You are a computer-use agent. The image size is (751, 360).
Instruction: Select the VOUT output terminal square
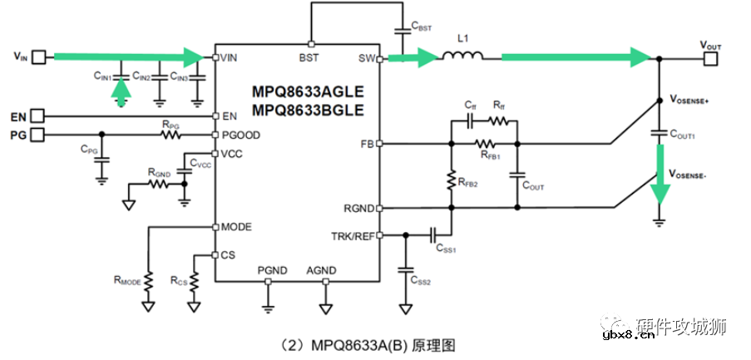click(x=711, y=57)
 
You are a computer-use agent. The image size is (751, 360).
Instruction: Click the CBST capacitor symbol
click(x=403, y=28)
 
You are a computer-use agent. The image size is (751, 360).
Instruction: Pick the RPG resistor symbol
click(x=170, y=134)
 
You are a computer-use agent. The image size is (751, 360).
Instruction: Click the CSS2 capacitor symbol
click(x=405, y=269)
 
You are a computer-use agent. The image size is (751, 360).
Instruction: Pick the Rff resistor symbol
click(x=498, y=121)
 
